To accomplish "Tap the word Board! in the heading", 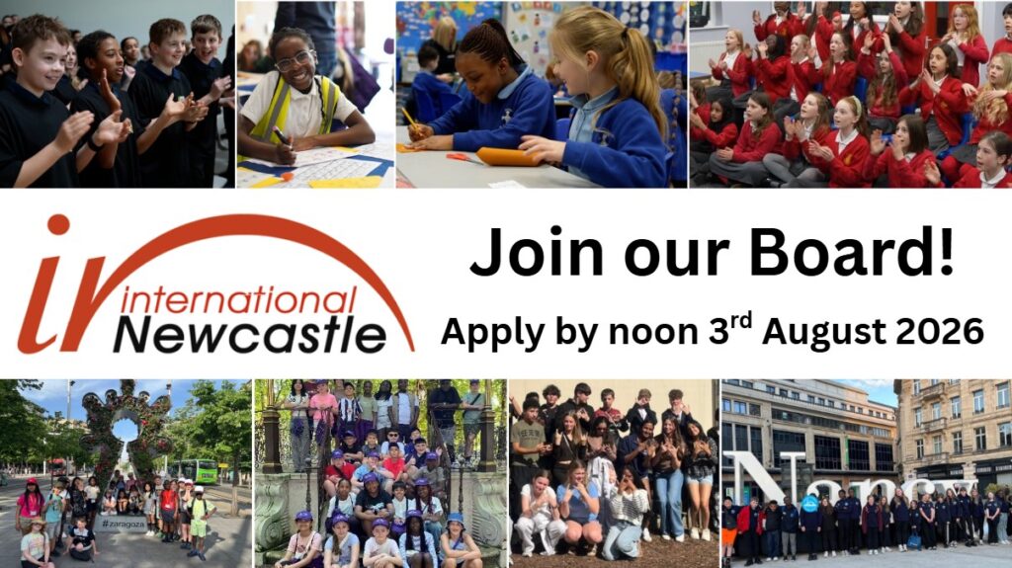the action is (851, 252).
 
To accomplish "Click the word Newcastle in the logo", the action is (250, 335).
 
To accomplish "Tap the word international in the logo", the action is (238, 300).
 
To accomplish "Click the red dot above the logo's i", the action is (58, 224).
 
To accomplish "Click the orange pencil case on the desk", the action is (510, 157).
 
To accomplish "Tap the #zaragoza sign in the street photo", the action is (123, 524).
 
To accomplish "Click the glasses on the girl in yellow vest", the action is (294, 61).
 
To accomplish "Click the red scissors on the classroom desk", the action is (462, 157).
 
